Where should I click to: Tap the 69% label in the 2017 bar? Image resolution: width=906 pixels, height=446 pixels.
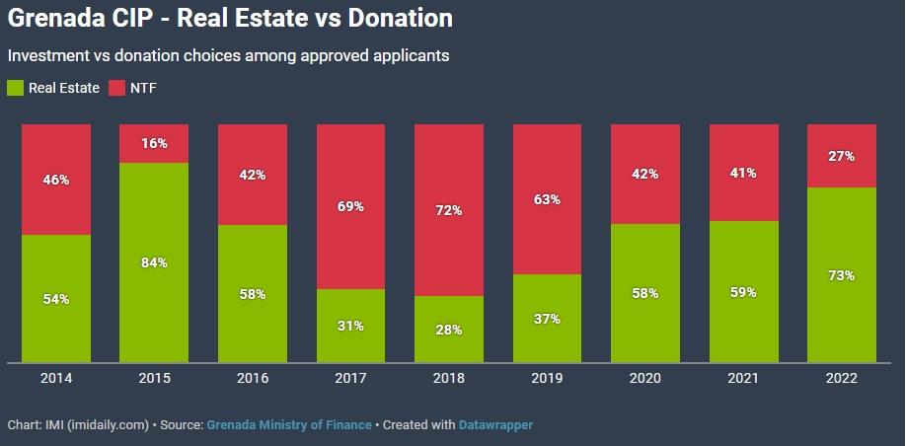click(351, 206)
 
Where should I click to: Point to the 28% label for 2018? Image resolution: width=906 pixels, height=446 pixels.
click(449, 330)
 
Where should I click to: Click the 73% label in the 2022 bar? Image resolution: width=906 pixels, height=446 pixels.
click(842, 275)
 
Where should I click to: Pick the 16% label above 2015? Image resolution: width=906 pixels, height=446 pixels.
click(154, 143)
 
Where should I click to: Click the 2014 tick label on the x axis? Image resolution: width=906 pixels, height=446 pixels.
click(56, 379)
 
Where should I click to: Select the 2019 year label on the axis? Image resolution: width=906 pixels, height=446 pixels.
click(547, 379)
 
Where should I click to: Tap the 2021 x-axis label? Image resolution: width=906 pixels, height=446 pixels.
click(743, 379)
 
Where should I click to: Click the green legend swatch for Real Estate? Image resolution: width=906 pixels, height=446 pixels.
click(15, 88)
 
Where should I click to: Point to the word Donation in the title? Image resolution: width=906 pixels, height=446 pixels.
click(400, 18)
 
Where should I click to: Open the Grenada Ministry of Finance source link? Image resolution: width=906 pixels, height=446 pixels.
click(289, 425)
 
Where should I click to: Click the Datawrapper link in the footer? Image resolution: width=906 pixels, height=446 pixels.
click(496, 425)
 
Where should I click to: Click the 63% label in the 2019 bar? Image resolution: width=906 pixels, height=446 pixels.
click(547, 199)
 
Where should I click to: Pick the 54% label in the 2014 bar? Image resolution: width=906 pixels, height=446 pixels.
click(56, 299)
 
